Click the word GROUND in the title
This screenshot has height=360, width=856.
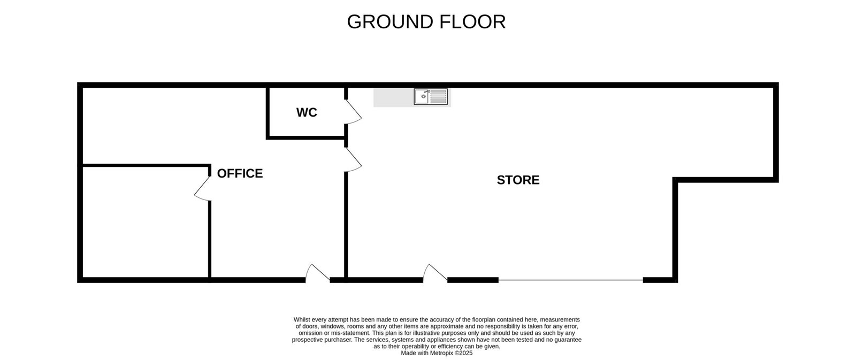390,22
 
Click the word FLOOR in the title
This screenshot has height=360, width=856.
472,22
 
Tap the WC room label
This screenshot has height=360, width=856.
307,112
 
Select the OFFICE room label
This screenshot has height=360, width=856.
240,173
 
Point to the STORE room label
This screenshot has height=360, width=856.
518,180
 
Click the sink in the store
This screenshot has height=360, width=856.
431,97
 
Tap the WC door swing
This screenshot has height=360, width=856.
354,112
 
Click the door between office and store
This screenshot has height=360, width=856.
354,160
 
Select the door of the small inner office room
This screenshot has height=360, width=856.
203,188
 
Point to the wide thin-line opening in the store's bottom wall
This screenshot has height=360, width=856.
571,280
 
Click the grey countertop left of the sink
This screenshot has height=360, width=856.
394,97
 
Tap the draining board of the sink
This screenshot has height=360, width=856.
438,97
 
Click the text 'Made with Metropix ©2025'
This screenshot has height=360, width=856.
437,353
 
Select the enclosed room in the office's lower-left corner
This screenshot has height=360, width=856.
146,222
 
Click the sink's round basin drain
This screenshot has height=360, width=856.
423,97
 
